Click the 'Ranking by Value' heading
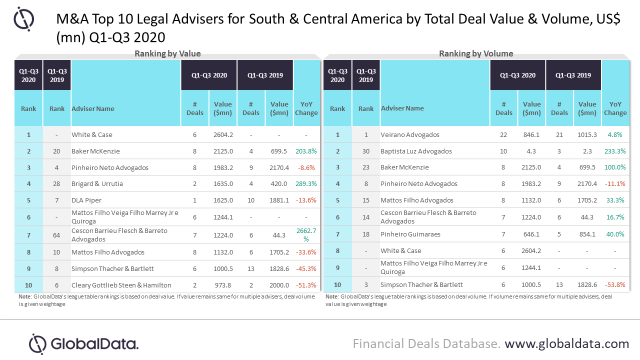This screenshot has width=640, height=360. click(x=167, y=54)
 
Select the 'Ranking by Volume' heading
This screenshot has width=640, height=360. click(x=476, y=54)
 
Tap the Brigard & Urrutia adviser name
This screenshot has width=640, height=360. click(x=97, y=183)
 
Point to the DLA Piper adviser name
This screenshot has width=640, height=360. click(x=86, y=200)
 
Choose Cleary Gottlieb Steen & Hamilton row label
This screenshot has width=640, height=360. click(x=121, y=285)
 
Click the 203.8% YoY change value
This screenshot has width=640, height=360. click(x=306, y=151)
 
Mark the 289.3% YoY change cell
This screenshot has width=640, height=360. click(x=306, y=183)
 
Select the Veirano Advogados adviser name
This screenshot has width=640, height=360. click(x=410, y=134)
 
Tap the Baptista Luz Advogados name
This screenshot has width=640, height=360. click(x=416, y=151)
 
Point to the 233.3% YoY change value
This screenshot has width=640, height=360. click(x=615, y=151)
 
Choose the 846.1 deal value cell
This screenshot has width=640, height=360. click(x=531, y=134)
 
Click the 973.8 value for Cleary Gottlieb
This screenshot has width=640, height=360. click(x=222, y=285)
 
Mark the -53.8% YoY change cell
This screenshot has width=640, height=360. click(x=615, y=284)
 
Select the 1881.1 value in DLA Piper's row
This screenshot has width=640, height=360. click(x=279, y=200)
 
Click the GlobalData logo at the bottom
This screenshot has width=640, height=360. click(x=83, y=344)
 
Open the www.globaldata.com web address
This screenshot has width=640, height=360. click(x=566, y=344)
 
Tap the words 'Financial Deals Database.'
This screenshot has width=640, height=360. click(x=426, y=344)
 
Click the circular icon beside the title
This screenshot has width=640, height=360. click(x=23, y=19)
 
